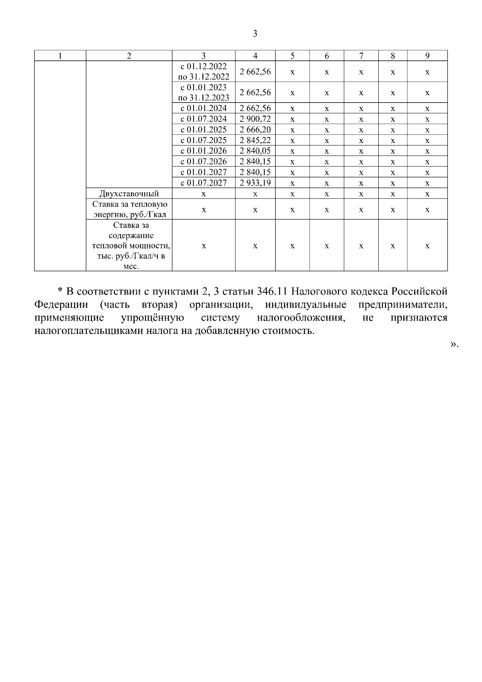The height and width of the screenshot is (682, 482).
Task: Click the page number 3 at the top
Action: coord(255,34)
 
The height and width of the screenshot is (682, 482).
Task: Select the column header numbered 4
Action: coord(255,56)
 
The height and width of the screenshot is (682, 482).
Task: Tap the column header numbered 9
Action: coord(427,56)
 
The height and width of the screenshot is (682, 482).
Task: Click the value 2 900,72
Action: coord(255,119)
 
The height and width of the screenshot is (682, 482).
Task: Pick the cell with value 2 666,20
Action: coord(255,130)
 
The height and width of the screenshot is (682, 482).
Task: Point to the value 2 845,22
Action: coord(255,140)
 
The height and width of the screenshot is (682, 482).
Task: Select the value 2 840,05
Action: coord(255,151)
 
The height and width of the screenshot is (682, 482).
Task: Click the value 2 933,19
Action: coord(255,183)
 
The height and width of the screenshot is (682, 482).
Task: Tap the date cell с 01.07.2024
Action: coord(204,119)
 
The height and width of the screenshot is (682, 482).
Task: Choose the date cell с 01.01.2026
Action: coord(204,151)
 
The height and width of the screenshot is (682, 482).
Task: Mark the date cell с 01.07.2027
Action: coord(204,183)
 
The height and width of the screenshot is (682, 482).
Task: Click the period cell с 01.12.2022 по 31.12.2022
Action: coord(204,72)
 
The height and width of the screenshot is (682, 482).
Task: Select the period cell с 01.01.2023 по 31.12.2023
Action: coord(204,92)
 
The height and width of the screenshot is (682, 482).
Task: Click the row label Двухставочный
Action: coord(129,194)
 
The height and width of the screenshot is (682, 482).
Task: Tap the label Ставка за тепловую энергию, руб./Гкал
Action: coord(129,209)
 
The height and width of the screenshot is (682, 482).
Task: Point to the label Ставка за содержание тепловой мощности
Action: coord(129,246)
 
